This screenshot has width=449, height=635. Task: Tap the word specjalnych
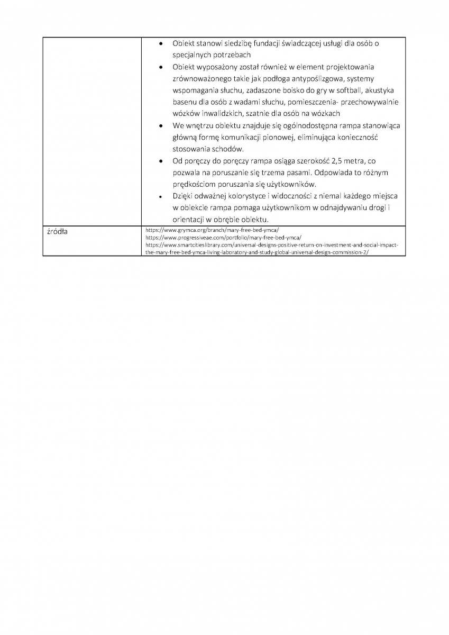pos(191,55)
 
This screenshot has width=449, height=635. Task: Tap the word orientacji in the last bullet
pos(188,220)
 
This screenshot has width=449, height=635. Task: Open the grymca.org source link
pos(212,231)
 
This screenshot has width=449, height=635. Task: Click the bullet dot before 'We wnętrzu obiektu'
pos(161,126)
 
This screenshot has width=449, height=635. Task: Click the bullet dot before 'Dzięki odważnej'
pos(161,196)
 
